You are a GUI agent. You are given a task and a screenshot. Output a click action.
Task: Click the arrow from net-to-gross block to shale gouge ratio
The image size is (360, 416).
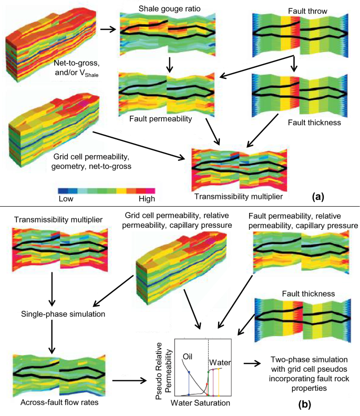click(x=108, y=29)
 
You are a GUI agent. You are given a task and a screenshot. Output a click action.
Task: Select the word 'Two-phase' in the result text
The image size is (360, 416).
click(x=289, y=359)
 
